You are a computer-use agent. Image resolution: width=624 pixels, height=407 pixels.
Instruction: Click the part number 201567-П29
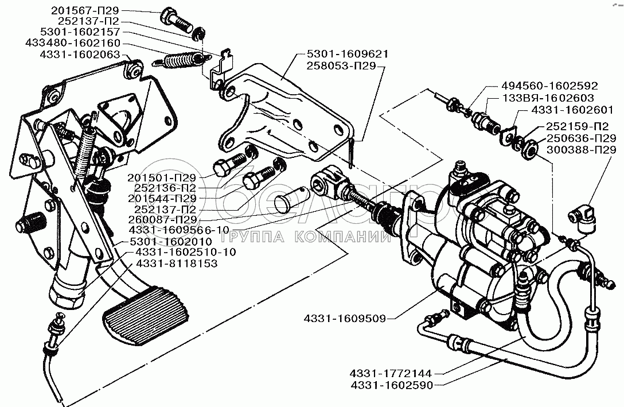point(85,11)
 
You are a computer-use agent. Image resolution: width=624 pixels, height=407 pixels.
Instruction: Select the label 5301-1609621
point(348,54)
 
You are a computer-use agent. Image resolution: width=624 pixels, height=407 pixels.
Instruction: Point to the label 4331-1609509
point(345,318)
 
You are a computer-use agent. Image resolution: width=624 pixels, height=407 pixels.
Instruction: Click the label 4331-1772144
point(391,374)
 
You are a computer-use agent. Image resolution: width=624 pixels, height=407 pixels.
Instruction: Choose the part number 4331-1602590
point(392,385)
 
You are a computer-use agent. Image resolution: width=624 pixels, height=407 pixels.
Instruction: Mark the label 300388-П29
point(581,150)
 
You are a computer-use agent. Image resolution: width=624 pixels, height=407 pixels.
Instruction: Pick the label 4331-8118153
point(177,263)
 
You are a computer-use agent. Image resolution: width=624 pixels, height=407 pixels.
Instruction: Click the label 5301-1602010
point(171,241)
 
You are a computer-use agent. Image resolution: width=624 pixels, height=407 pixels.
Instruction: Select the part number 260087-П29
point(162,219)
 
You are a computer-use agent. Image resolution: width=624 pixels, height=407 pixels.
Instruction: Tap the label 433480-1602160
point(73,42)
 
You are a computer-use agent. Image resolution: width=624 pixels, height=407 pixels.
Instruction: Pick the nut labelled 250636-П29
point(529,148)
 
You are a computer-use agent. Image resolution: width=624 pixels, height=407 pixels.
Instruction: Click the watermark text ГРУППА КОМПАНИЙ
point(305,238)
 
